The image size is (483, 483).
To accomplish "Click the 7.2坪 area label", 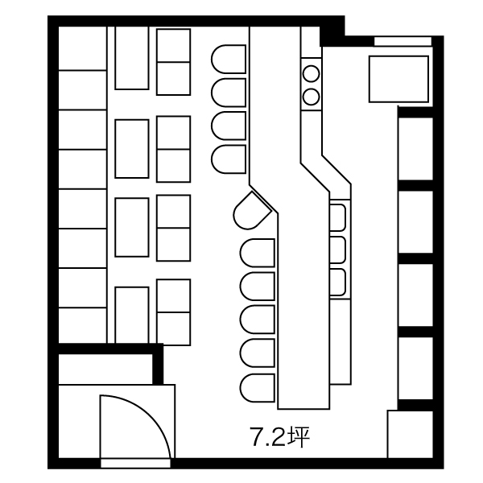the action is click(x=279, y=437).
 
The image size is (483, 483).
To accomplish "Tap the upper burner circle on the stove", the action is click(x=311, y=73).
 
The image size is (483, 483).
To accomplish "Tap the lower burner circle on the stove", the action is click(x=311, y=97).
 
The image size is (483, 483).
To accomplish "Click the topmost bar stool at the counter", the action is click(x=229, y=59).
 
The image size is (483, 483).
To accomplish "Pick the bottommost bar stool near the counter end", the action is click(x=258, y=388).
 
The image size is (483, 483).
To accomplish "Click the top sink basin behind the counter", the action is click(x=337, y=217).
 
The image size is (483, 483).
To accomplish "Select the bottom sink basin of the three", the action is click(x=337, y=283).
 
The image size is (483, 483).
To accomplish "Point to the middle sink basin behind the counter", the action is click(x=337, y=250).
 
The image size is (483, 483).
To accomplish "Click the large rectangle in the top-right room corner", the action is click(x=398, y=79).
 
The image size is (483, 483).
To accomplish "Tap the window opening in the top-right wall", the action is click(x=402, y=41).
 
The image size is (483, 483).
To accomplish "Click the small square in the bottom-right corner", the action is click(x=410, y=434).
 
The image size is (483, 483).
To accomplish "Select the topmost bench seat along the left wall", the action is click(x=83, y=48).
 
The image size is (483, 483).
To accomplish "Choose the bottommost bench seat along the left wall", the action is click(x=83, y=325).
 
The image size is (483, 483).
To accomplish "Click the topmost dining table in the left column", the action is click(x=132, y=58).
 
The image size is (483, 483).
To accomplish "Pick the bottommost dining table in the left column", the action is click(x=132, y=315).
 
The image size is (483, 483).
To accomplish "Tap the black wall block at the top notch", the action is click(x=332, y=31).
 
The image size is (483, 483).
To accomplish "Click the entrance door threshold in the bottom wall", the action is click(x=135, y=463).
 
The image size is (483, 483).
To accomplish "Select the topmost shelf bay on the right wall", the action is click(x=415, y=149).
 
